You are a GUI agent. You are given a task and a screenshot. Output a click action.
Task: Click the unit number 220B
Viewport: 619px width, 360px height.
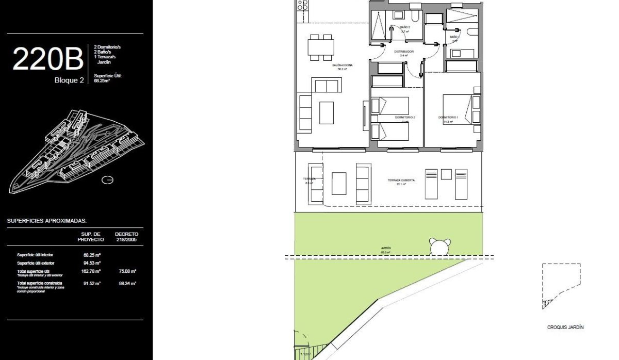[x=47, y=59]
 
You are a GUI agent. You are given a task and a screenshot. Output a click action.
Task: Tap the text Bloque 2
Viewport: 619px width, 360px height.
[x=69, y=80]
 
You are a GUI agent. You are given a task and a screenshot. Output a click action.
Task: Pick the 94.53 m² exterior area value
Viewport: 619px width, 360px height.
[x=91, y=263]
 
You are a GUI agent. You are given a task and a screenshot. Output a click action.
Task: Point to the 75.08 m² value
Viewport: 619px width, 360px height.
[x=126, y=271]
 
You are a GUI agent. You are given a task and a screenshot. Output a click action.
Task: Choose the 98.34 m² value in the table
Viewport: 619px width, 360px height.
[x=126, y=283]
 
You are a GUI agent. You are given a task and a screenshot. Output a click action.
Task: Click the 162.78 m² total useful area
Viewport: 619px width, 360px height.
[x=91, y=271]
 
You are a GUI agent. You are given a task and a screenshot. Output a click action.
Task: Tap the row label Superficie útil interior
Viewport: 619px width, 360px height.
[x=35, y=255]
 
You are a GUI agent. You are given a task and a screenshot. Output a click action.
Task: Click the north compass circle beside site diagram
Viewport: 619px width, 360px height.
[x=107, y=180]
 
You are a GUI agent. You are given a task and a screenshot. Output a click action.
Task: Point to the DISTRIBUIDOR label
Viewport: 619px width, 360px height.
[x=404, y=52]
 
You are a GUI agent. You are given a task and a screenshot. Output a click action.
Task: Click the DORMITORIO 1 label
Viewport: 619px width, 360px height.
[x=448, y=118]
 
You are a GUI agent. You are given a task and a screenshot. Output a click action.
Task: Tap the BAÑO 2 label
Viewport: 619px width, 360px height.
[x=405, y=27]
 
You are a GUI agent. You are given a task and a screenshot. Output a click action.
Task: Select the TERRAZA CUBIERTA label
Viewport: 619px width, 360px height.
[x=402, y=181]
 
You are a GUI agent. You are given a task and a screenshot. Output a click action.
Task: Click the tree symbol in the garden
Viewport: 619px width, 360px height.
[x=439, y=247]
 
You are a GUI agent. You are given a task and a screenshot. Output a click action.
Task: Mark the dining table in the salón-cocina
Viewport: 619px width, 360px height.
[x=321, y=47]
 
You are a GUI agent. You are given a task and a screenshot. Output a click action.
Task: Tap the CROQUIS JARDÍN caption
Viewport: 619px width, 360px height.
[x=565, y=327]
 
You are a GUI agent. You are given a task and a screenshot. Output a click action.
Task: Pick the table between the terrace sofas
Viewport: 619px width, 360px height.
[x=339, y=183]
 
